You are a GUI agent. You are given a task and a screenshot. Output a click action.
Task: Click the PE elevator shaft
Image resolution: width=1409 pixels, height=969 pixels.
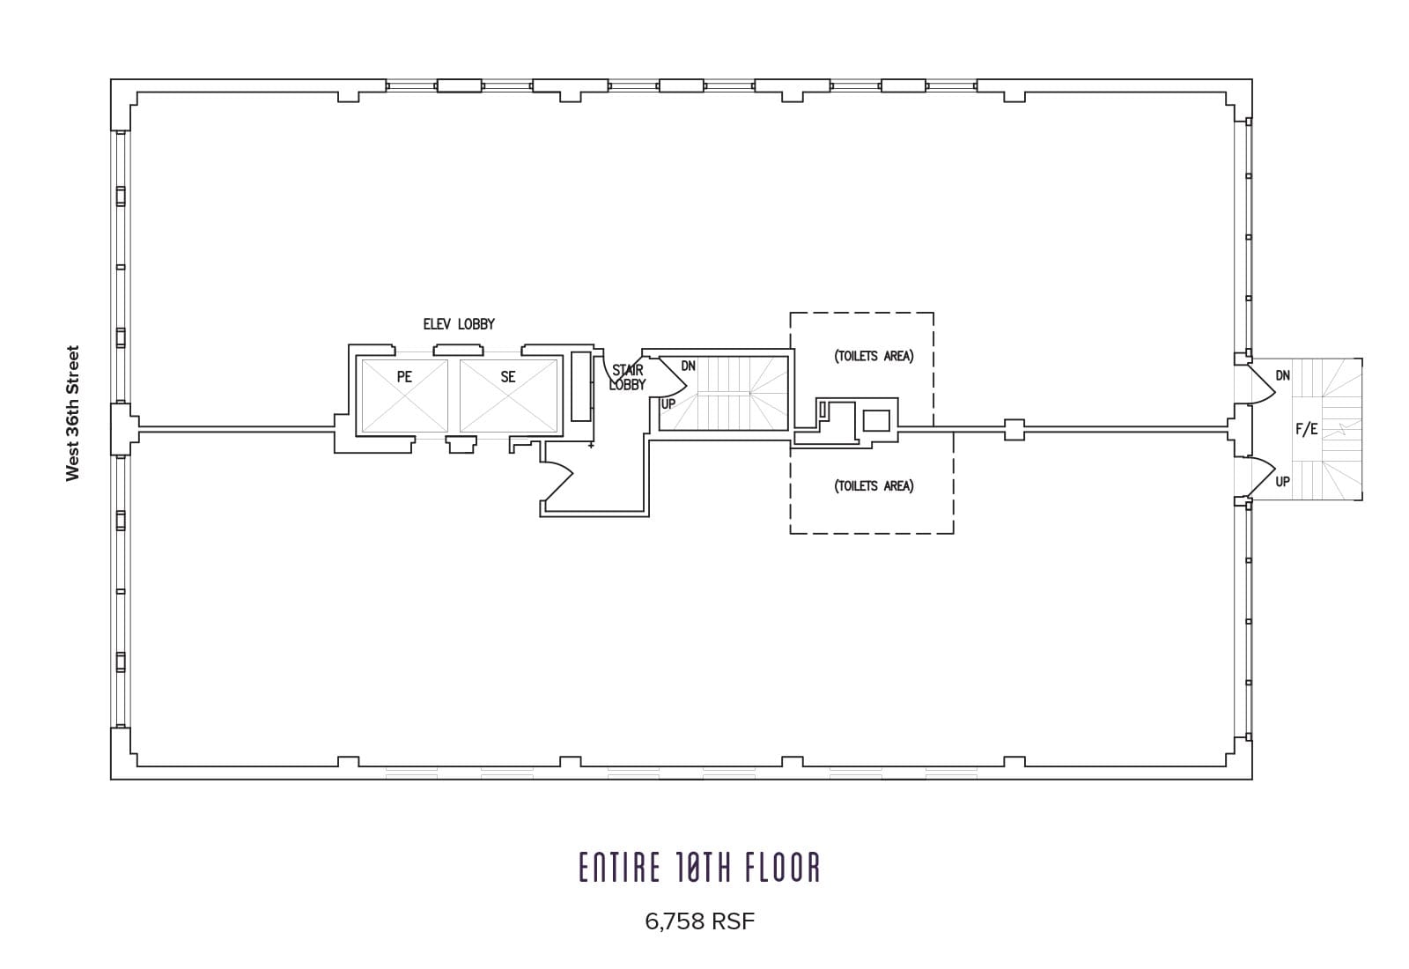click(x=404, y=396)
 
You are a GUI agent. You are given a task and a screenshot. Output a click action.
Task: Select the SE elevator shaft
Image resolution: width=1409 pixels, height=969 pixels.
click(x=508, y=396)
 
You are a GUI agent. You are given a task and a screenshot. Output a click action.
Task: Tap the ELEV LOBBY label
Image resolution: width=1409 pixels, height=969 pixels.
click(x=459, y=324)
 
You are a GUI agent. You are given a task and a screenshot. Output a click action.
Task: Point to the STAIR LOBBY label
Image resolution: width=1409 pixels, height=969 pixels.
click(x=627, y=378)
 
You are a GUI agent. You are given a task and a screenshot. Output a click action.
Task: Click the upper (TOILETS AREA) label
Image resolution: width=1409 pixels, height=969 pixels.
click(x=874, y=356)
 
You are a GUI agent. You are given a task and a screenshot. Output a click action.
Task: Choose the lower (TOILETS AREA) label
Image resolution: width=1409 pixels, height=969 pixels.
click(x=874, y=485)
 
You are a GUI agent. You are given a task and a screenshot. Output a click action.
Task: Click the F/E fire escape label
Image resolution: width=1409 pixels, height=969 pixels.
click(x=1307, y=429)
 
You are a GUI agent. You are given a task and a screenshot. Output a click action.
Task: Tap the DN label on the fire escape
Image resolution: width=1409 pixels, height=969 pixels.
click(x=1282, y=375)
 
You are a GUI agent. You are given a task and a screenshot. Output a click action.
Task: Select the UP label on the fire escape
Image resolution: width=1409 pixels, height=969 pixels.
click(x=1282, y=482)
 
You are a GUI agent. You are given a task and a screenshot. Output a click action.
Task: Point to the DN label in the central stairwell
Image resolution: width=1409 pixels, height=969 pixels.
click(x=688, y=366)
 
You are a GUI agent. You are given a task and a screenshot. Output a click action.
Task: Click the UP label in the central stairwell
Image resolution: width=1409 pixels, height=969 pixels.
click(x=668, y=404)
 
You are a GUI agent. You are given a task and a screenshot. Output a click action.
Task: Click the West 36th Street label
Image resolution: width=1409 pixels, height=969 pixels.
click(x=73, y=413)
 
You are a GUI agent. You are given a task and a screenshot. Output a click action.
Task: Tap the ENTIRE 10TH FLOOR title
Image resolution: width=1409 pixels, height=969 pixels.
click(x=699, y=868)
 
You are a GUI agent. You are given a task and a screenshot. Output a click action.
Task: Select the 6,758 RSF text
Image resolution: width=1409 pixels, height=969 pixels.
click(x=699, y=921)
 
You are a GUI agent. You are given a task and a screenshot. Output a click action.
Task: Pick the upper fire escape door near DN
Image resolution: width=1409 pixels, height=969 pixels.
click(x=1261, y=384)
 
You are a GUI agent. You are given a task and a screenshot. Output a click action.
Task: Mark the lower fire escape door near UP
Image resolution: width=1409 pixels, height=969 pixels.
click(x=1261, y=476)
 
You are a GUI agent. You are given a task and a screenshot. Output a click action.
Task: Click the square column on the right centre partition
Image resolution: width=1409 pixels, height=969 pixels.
click(x=1014, y=430)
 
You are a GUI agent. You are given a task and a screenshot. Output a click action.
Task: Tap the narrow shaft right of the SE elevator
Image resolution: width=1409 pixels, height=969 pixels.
click(x=580, y=387)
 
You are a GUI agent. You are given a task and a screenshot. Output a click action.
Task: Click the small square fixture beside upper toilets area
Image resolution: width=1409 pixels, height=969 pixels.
click(x=875, y=420)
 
